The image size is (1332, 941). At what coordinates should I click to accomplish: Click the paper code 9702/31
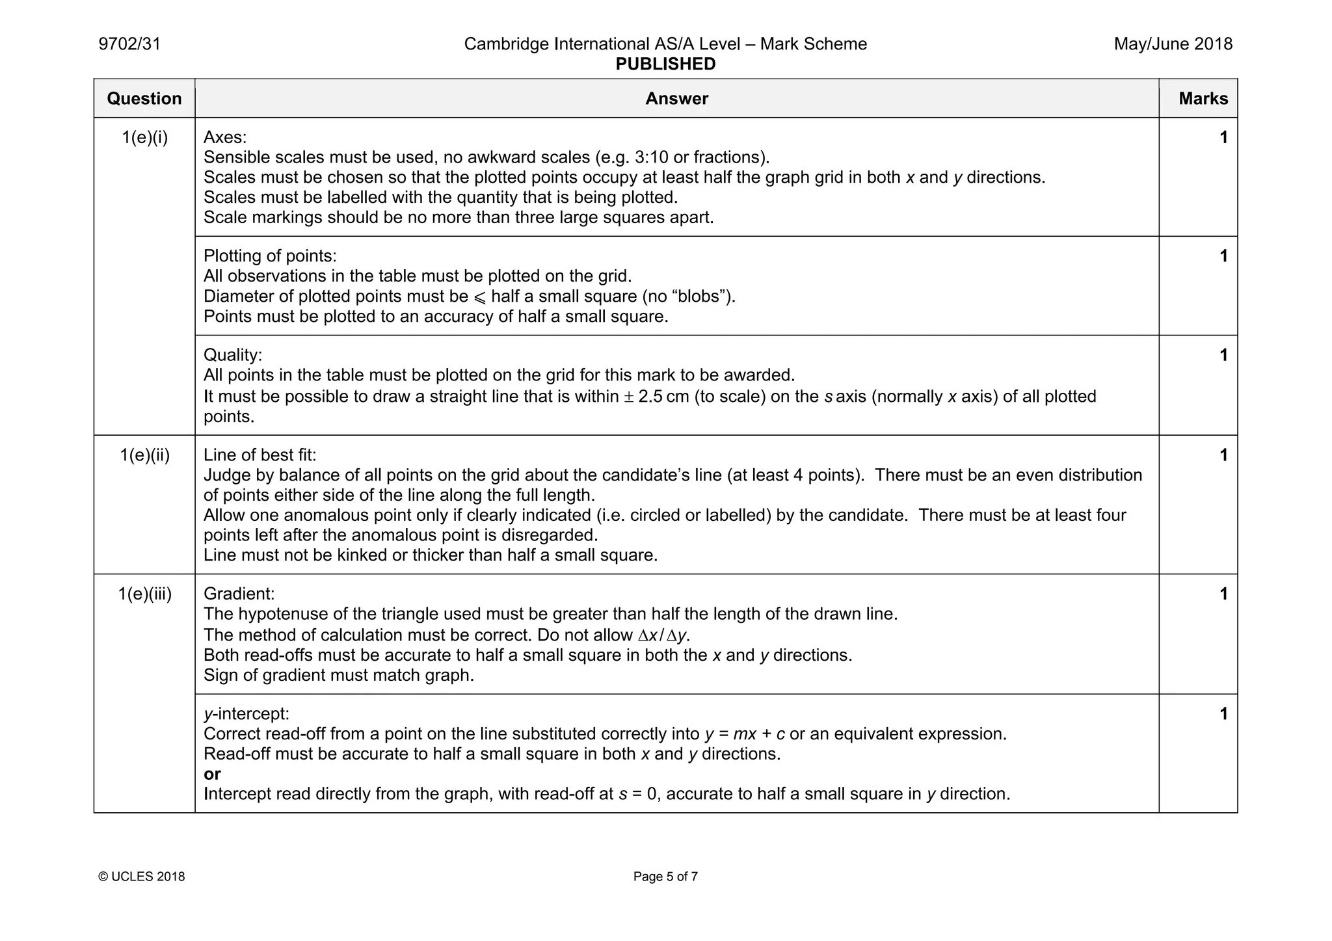129,44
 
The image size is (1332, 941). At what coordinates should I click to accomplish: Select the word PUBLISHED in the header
665,64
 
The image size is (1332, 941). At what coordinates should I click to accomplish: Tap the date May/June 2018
1173,44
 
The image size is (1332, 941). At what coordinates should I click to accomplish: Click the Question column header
144,99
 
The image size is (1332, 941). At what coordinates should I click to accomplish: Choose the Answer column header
676,99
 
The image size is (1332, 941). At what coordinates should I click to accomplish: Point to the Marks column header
1203,99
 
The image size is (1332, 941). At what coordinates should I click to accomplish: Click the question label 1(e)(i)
144,138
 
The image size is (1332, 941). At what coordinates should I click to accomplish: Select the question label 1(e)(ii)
144,455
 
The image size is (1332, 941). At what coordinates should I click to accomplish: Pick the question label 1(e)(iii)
144,594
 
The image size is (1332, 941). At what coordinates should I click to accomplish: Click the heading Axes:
225,138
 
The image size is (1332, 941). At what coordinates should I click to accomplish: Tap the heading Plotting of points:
270,256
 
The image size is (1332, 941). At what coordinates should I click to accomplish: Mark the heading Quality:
233,355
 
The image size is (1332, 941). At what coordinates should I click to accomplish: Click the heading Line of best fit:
260,455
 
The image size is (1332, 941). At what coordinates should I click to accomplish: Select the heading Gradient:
239,594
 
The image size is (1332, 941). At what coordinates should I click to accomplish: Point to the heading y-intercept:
246,714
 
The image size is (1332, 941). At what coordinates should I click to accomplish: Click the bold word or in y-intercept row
212,774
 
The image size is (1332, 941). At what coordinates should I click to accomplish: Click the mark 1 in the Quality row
1223,355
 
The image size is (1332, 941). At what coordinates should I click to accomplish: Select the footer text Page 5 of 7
665,877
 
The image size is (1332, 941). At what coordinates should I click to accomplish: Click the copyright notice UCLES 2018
142,877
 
